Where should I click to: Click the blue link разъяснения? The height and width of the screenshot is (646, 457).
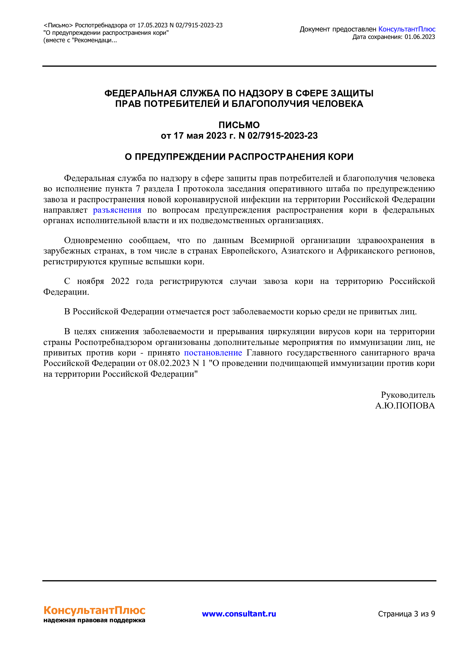(117, 210)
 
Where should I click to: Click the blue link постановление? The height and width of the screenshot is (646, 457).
(213, 353)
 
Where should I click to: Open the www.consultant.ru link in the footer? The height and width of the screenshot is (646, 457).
(239, 614)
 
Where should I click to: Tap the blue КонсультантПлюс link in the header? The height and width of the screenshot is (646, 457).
(407, 29)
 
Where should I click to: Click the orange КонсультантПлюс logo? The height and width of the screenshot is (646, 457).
(94, 611)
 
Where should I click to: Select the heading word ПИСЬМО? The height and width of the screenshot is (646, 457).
(239, 125)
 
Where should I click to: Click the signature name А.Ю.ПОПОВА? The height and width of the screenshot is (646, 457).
(405, 406)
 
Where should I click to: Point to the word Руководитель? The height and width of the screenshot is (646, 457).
(408, 395)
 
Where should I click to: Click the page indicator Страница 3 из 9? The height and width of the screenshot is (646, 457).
(406, 614)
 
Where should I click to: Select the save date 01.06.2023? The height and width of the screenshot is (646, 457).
(420, 37)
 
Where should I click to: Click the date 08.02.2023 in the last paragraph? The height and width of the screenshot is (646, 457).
(169, 363)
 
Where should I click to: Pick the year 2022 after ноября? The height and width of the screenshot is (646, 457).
(120, 281)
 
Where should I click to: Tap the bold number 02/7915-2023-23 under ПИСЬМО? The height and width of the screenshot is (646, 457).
(283, 136)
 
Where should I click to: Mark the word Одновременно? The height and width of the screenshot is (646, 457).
(93, 240)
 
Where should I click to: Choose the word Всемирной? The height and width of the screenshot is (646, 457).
(272, 240)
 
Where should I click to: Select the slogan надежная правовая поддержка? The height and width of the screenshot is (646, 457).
(94, 620)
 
